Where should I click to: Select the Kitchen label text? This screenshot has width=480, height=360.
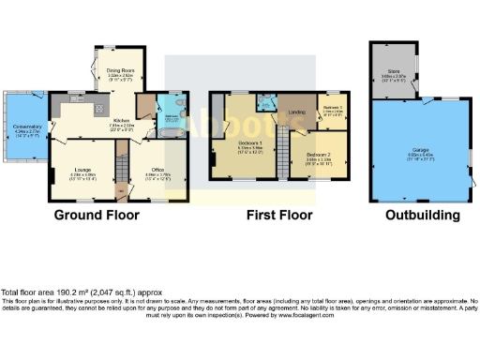tap(120, 120)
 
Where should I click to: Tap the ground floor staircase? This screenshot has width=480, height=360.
tap(120, 169)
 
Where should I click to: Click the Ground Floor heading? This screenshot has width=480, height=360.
tap(98, 215)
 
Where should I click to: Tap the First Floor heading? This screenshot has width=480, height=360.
tap(278, 215)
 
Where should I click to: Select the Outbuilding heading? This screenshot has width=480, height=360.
tap(423, 215)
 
